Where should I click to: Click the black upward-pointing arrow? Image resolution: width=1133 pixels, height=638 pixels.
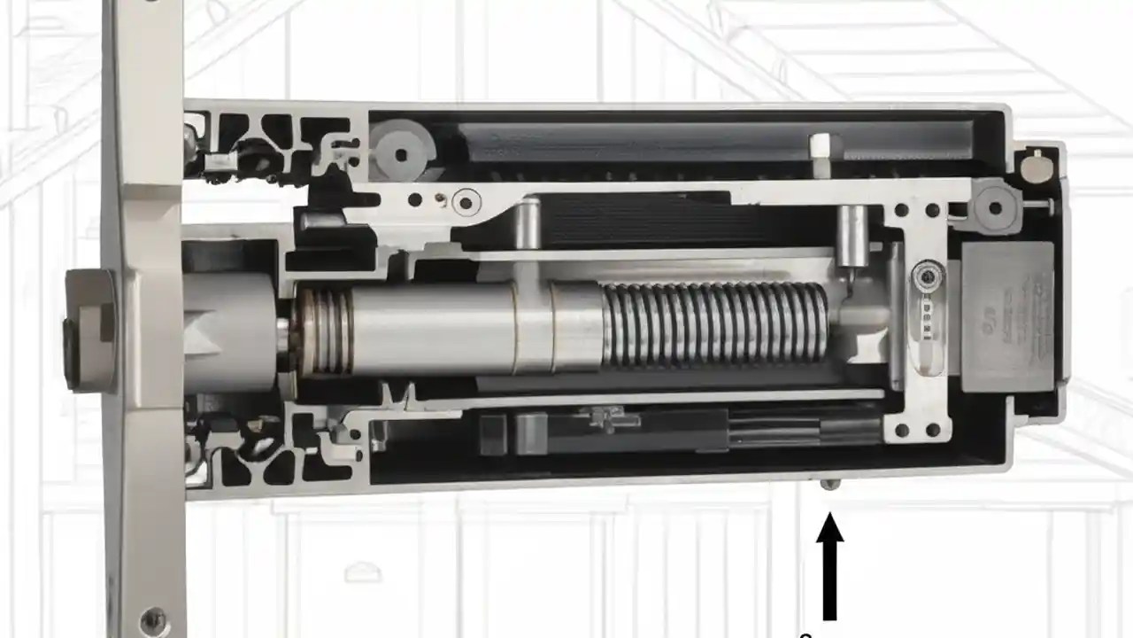click(829, 566)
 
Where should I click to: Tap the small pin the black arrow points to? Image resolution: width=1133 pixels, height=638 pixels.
click(829, 484)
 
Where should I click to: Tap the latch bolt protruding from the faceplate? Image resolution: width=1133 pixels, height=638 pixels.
click(89, 331)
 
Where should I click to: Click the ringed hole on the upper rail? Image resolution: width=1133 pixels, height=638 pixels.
click(466, 202)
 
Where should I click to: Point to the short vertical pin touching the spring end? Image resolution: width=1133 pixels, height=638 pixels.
click(852, 237)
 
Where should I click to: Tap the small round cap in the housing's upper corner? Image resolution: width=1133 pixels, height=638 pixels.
click(1033, 166)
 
